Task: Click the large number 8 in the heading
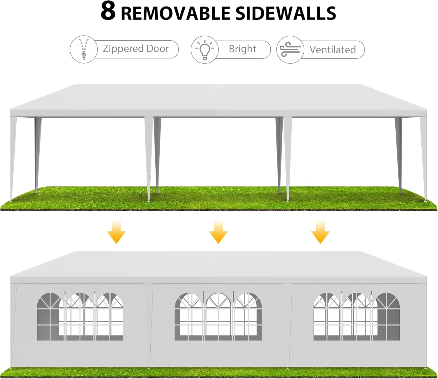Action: point(108,12)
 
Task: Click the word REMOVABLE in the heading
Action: point(175,14)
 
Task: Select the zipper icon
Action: point(84,49)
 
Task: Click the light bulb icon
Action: point(204,49)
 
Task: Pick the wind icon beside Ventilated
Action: point(290,50)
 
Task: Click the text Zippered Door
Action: point(135,49)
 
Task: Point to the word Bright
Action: point(242,49)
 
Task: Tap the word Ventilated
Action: point(333,50)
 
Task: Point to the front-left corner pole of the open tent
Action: point(13,158)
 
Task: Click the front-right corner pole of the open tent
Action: point(424,158)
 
